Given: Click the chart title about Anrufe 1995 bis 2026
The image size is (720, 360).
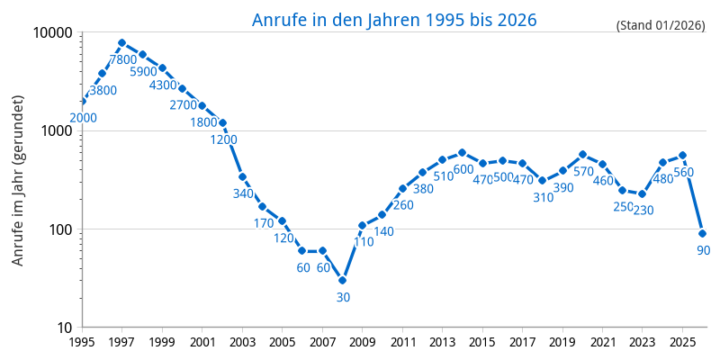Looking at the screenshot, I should [x=394, y=20].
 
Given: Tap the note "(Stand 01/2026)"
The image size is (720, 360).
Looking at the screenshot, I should [x=661, y=25].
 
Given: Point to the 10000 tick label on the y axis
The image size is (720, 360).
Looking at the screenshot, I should [x=52, y=32].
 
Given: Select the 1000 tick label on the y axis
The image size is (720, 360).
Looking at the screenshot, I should [x=57, y=130].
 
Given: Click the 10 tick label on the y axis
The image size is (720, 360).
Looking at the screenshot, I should [x=65, y=328].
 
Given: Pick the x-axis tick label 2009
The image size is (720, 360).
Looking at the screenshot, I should [x=362, y=342].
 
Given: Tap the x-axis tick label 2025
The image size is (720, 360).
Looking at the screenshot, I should [x=682, y=342].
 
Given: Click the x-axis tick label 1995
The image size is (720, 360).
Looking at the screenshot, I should [x=82, y=342].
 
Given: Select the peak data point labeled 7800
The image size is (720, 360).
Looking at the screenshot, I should [x=121, y=42].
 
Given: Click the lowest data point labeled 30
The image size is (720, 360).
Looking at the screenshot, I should [x=342, y=280].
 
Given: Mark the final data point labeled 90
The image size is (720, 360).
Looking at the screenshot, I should [x=702, y=233].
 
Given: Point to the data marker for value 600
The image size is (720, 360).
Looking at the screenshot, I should [x=462, y=152].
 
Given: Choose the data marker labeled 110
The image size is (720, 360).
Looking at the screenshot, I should [x=362, y=225].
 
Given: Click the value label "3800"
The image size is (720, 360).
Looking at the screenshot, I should [x=103, y=90].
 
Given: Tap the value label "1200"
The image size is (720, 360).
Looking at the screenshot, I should [x=223, y=139].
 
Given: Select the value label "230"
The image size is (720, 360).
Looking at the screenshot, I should [x=643, y=210].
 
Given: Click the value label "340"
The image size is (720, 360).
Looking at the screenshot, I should [x=243, y=193].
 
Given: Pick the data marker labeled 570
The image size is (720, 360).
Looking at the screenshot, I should [x=582, y=154].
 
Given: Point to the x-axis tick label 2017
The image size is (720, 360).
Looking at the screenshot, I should [x=522, y=342].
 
